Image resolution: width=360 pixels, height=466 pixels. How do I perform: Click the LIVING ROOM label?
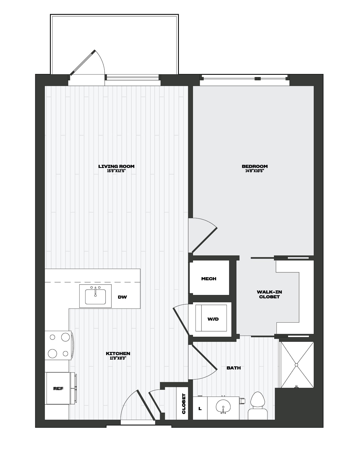click(x=116, y=166)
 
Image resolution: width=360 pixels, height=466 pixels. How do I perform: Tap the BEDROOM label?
click(x=254, y=166)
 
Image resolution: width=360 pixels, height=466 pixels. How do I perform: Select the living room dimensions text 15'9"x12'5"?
click(x=116, y=171)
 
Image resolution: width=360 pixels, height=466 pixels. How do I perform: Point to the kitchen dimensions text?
click(x=118, y=358)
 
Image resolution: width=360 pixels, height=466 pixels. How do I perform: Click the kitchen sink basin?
click(x=95, y=297)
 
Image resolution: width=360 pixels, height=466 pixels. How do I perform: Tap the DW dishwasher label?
click(x=122, y=297)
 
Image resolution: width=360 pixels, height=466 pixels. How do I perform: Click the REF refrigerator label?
click(x=58, y=389)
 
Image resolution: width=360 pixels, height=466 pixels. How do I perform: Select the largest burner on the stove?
click(x=65, y=337)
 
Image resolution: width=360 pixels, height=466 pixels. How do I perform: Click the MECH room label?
click(x=209, y=279)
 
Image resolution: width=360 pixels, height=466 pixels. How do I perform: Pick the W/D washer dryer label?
click(x=213, y=319)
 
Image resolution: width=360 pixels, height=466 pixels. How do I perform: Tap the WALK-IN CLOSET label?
click(x=269, y=294)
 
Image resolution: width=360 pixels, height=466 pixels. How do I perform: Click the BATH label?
click(x=234, y=368)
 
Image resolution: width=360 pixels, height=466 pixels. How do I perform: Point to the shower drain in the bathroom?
click(x=296, y=365)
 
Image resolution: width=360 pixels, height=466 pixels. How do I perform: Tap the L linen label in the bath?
click(x=200, y=408)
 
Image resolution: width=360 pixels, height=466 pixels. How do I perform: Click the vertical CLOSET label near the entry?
click(x=184, y=404)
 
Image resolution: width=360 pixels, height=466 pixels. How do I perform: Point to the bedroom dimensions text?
click(x=254, y=171)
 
